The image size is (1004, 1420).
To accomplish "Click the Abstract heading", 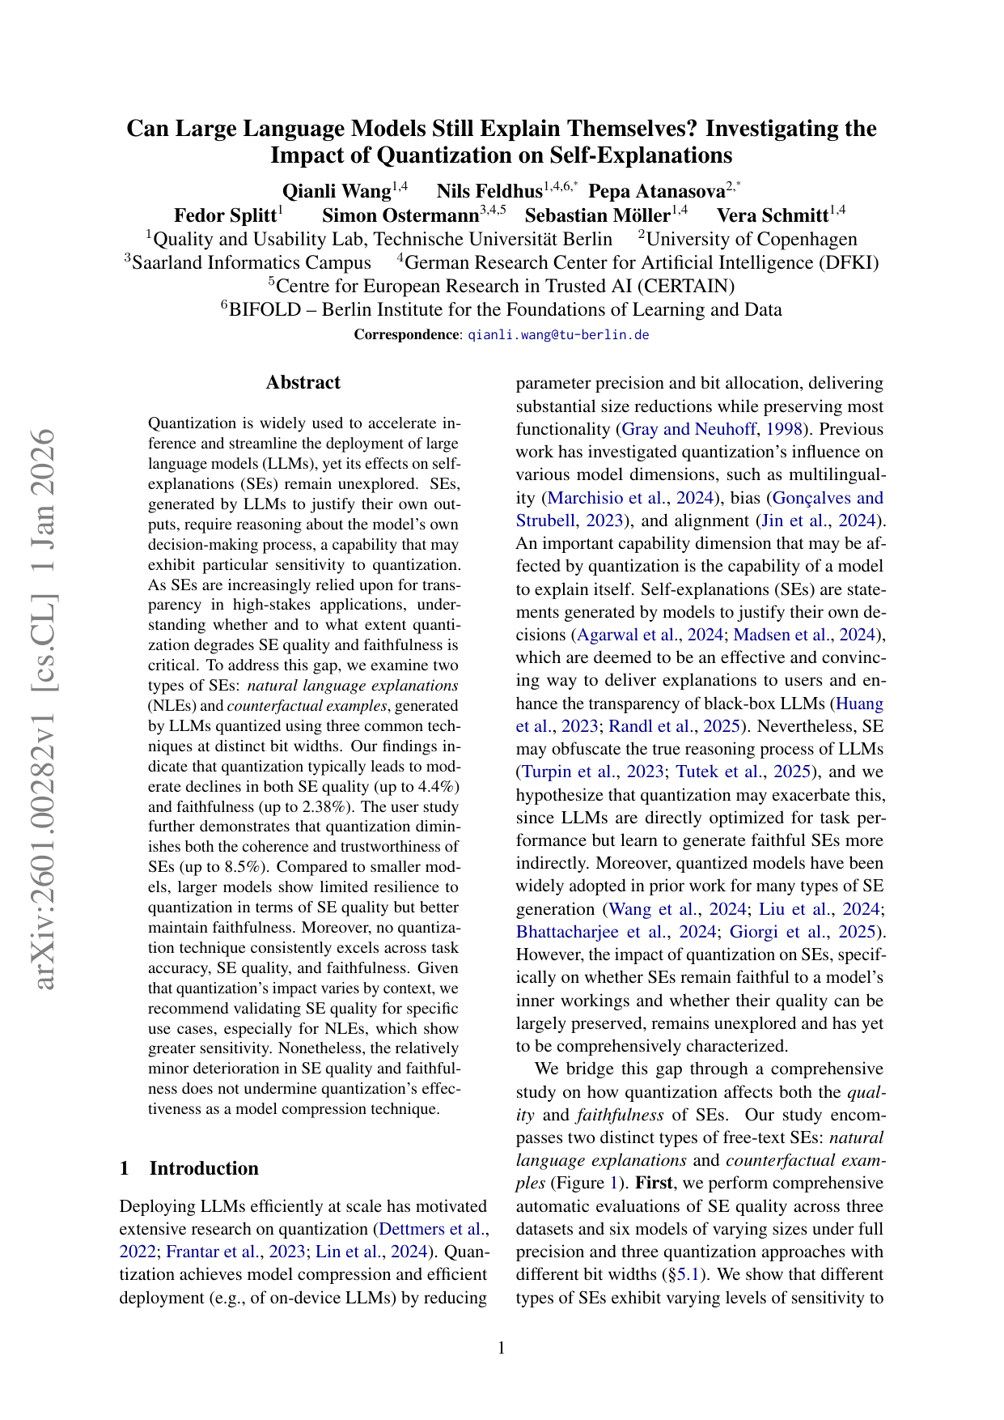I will pos(303,382).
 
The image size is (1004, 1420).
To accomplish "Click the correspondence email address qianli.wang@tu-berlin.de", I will pos(558,334).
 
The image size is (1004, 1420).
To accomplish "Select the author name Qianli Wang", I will pos(337,191).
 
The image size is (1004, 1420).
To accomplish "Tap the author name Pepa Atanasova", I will pos(656,191).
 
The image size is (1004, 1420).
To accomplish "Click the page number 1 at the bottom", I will pos(502,1348).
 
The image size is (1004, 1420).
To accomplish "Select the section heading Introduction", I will pos(204,1167).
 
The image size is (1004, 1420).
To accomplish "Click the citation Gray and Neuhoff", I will pos(688,429).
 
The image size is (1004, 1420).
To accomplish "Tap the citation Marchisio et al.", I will pos(608,498).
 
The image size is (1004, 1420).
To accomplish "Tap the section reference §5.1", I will pos(685,1274).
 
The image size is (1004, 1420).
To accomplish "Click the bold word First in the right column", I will pos(654,1183).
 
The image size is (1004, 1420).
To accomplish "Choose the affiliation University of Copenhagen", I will pos(752,239).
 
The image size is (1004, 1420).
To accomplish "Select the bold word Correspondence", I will pos(406,334).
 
